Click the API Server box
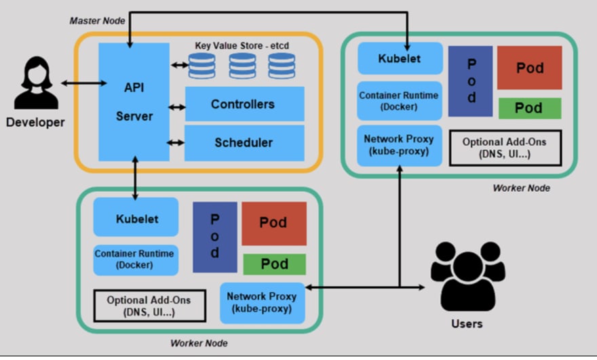click(134, 102)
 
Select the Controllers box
click(244, 104)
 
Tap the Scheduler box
click(244, 143)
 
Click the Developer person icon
click(36, 83)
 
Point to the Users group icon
click(468, 276)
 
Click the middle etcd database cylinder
click(242, 66)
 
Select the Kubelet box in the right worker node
click(400, 58)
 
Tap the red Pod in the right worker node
click(530, 68)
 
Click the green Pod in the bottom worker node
click(275, 264)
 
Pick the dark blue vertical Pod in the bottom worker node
click(215, 237)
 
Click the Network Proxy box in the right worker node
click(400, 146)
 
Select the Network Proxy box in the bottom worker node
click(263, 303)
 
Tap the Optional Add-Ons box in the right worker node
click(505, 148)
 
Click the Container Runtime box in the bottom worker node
click(136, 260)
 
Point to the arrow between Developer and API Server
click(83, 83)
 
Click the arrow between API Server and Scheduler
click(176, 142)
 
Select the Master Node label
click(97, 21)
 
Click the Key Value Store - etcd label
click(242, 45)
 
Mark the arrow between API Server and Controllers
click(177, 107)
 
